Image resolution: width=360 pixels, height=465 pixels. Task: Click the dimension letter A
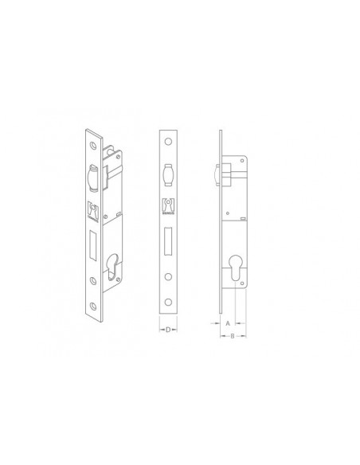tap(228, 323)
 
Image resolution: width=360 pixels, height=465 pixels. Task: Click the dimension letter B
tap(233, 336)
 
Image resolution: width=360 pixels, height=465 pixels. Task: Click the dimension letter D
tap(168, 330)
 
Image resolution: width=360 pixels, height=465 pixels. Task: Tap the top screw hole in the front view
tap(168, 142)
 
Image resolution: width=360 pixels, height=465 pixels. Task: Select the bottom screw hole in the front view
tap(168, 303)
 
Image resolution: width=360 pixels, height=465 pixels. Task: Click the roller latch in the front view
tap(168, 174)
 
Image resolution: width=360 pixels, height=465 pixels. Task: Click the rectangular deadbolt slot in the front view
tap(168, 241)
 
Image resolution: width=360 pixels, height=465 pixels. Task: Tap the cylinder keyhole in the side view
tap(235, 268)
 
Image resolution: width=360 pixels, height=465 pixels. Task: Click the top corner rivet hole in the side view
tap(242, 161)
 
